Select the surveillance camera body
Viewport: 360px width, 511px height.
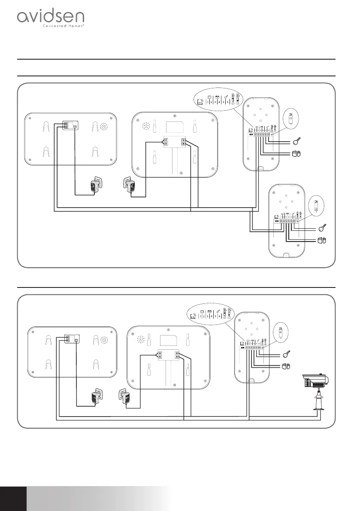click(x=315, y=380)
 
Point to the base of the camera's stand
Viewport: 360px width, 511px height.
click(x=320, y=412)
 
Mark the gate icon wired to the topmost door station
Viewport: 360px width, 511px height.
click(x=297, y=153)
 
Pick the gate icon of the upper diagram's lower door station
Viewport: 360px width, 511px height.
click(x=322, y=240)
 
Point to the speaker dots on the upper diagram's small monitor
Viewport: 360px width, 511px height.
click(x=103, y=127)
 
